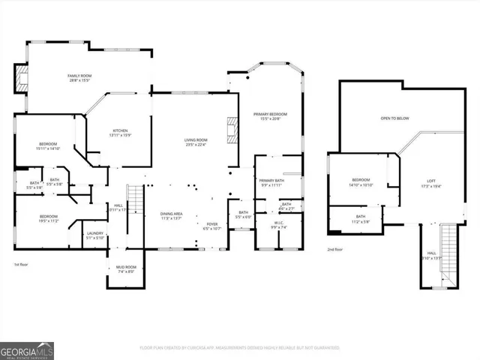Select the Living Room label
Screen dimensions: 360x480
click(196, 142)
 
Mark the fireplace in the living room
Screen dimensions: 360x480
click(235, 132)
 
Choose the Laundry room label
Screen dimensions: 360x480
click(94, 235)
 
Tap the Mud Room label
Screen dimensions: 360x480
click(125, 269)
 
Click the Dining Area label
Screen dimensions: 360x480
click(172, 215)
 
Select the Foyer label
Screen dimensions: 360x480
click(212, 226)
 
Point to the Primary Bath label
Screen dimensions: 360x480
click(271, 183)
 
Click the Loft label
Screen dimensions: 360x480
click(430, 184)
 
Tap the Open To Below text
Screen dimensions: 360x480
click(394, 118)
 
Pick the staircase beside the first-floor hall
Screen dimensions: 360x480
click(135, 203)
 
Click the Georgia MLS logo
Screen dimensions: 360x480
click(27, 350)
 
